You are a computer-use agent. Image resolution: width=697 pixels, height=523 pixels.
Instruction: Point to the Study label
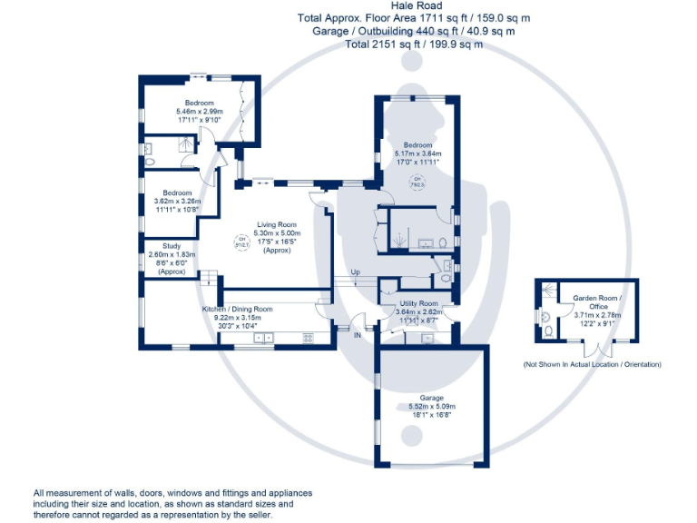pyautogui.click(x=172, y=246)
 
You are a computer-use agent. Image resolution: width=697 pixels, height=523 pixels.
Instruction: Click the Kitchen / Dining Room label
pyautogui.click(x=237, y=310)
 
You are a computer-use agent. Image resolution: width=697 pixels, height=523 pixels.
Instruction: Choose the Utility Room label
pyautogui.click(x=417, y=303)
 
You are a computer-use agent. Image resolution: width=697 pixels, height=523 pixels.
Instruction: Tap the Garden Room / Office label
pyautogui.click(x=593, y=302)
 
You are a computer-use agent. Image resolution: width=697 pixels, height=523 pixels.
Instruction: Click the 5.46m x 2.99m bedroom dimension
pyautogui.click(x=200, y=112)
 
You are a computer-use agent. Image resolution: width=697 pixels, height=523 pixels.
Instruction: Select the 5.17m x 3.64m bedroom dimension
pyautogui.click(x=417, y=153)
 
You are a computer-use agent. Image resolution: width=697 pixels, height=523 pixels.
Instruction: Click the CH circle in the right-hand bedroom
pyautogui.click(x=418, y=182)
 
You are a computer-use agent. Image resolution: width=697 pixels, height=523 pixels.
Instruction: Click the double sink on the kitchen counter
pyautogui.click(x=264, y=338)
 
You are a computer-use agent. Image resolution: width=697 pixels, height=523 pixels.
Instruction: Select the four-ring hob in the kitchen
pyautogui.click(x=308, y=338)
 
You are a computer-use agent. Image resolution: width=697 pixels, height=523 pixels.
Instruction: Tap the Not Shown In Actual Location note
pyautogui.click(x=592, y=364)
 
